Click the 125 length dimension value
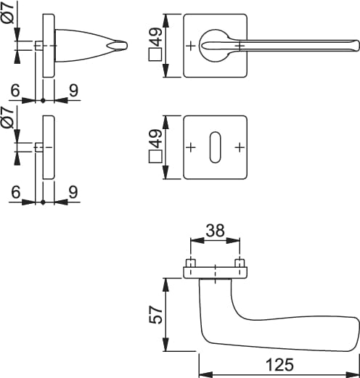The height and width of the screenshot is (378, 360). click(280, 364)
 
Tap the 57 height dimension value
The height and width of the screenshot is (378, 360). click(156, 314)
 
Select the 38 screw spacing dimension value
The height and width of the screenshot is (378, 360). click(215, 230)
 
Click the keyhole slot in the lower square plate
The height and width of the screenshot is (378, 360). click(215, 147)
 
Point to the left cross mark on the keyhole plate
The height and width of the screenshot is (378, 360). click(191, 147)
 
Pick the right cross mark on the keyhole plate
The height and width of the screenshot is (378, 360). click(240, 147)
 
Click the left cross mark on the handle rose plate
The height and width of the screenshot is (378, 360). click(191, 46)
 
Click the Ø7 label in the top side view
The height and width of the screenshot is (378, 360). click(8, 12)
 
